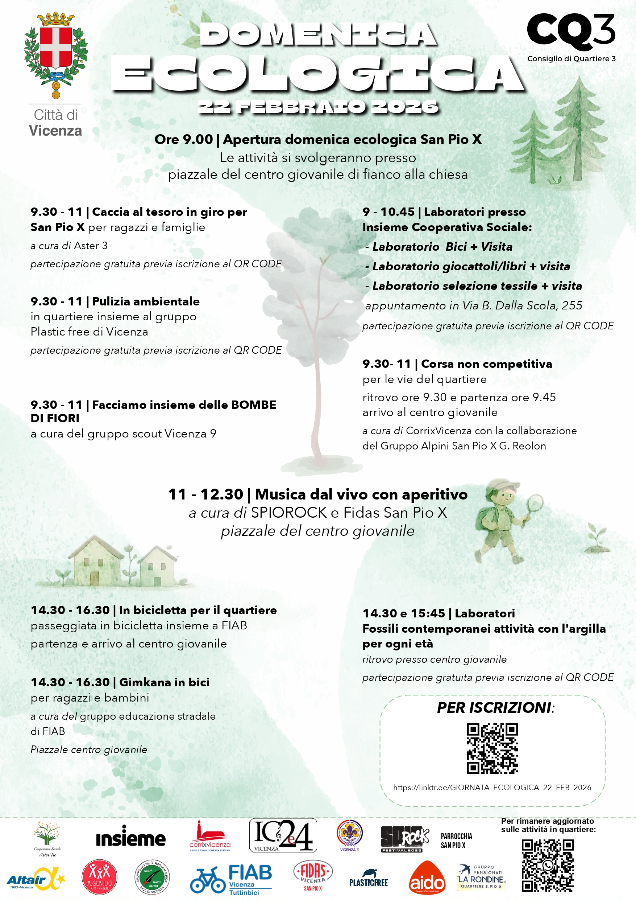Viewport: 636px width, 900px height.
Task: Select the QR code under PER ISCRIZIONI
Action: tap(492, 748)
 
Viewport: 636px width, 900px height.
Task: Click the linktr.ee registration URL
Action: tap(492, 787)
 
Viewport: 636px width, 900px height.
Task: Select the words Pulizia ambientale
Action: tap(146, 301)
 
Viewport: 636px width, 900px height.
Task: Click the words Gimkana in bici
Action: tap(164, 682)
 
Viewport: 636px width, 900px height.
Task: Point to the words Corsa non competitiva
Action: tap(486, 364)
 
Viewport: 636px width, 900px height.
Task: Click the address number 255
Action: tap(572, 305)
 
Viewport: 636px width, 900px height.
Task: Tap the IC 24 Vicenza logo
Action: tap(283, 835)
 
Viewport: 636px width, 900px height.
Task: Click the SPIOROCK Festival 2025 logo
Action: tap(404, 839)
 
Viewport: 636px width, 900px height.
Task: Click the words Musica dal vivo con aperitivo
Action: tap(361, 494)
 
